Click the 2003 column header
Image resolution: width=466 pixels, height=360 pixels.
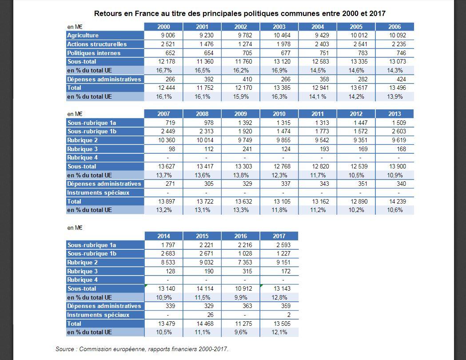click(279, 27)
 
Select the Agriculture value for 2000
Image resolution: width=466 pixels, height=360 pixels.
click(168, 36)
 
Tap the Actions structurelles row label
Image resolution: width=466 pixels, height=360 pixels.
click(97, 44)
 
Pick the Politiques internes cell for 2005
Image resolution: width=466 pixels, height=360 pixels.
click(363, 53)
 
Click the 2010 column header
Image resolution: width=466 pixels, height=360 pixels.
click(279, 114)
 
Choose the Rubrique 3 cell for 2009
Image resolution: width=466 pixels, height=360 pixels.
click(247, 149)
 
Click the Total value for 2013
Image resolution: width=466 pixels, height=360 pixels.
click(398, 201)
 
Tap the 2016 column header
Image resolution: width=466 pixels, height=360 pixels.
click(241, 236)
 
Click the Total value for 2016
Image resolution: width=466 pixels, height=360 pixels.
click(244, 324)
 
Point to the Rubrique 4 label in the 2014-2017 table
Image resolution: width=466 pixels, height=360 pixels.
click(82, 280)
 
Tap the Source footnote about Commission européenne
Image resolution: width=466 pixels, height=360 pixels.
click(142, 349)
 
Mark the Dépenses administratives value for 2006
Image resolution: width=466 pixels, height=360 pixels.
click(401, 80)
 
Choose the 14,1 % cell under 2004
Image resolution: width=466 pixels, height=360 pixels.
click(318, 96)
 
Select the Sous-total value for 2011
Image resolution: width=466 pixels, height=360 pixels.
click(321, 167)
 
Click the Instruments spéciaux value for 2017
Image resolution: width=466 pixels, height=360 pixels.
click(289, 315)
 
